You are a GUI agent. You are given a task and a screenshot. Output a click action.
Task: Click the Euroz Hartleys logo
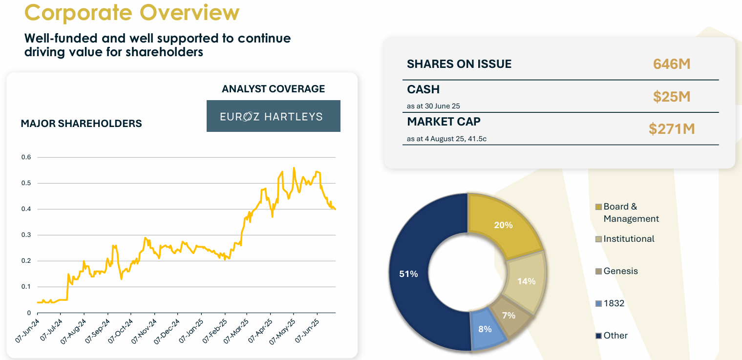tap(273, 116)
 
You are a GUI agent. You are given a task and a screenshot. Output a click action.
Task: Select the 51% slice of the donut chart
tap(420, 274)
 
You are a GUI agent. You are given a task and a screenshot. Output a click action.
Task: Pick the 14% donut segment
tap(525, 281)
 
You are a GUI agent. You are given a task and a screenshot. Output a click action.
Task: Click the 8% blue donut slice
tap(485, 329)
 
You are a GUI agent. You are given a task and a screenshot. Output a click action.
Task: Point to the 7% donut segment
tap(508, 315)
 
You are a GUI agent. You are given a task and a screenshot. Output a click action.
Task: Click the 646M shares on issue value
tap(672, 64)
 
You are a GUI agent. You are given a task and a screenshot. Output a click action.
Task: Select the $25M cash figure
tap(672, 97)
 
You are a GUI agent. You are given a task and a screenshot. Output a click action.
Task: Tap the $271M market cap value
tap(672, 129)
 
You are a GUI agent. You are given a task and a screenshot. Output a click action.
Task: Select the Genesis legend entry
tap(620, 271)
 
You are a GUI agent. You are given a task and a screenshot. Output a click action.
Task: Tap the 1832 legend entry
tap(614, 303)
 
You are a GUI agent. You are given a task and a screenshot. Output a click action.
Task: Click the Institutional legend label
tap(629, 239)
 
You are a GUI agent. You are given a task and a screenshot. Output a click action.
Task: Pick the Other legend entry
tap(615, 336)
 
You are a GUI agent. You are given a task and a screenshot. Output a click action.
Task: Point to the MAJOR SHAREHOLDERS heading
tap(81, 124)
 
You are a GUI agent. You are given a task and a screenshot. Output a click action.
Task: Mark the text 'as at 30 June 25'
tap(433, 106)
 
